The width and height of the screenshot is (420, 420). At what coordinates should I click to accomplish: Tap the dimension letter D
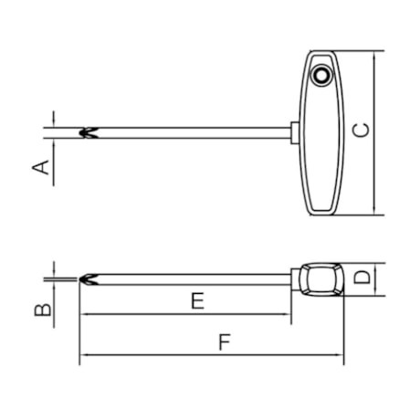pos(362,278)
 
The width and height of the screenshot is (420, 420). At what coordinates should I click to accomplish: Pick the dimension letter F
pos(224,344)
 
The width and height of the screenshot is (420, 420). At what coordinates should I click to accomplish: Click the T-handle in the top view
pos(321,137)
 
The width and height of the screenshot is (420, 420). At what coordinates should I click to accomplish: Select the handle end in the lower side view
pos(320,278)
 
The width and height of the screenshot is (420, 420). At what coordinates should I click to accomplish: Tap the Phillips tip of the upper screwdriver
pos(88,132)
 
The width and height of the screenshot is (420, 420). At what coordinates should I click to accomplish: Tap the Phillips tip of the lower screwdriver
pos(88,278)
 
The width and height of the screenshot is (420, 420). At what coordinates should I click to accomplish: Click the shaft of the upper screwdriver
pos(192,132)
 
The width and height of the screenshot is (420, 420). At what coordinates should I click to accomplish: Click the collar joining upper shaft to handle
pos(295,132)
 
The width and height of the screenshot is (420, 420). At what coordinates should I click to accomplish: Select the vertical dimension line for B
pos(54,301)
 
